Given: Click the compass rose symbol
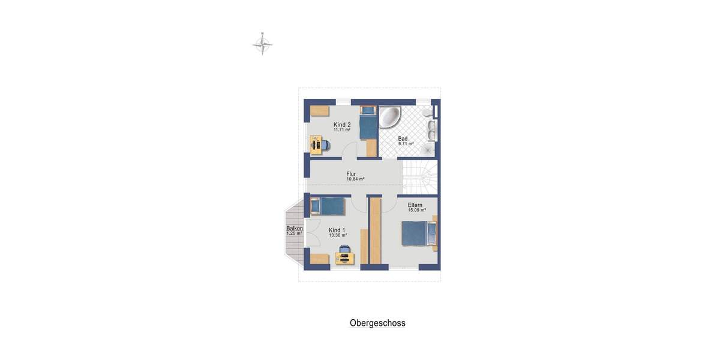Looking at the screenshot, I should [262, 44].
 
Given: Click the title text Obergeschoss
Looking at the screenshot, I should [377, 323].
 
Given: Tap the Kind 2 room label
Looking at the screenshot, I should [342, 125].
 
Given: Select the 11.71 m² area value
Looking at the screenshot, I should [342, 130].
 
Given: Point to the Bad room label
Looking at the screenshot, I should [403, 139].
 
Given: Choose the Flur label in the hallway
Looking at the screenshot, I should [351, 174].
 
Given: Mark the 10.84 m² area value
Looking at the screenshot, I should [355, 179].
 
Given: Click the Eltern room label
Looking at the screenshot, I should [415, 205].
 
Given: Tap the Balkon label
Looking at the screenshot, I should [294, 228].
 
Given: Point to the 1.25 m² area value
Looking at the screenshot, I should [294, 233].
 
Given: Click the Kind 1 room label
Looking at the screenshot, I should [337, 230].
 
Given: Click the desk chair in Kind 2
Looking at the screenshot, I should [324, 145].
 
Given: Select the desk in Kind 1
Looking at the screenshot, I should [345, 259].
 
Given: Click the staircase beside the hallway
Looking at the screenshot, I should [420, 177].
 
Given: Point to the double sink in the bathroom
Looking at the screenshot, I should [431, 127].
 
